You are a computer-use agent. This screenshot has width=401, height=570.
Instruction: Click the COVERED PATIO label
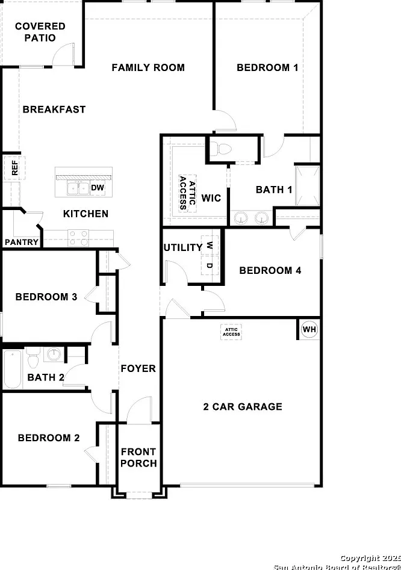[x=40, y=32]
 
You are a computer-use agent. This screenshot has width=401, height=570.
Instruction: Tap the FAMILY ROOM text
[x=148, y=67]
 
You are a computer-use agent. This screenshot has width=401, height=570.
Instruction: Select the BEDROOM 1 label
[x=267, y=67]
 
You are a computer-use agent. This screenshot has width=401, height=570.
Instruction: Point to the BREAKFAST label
[x=54, y=110]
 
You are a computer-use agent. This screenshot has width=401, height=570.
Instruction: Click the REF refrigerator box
[x=14, y=168]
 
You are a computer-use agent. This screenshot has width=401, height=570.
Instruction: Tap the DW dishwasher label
[x=98, y=188]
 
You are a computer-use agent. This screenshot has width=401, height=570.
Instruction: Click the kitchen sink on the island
[x=78, y=188]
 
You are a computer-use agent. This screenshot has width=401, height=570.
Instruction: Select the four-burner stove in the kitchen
[x=78, y=238]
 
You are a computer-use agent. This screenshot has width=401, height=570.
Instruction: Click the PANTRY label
[x=22, y=242]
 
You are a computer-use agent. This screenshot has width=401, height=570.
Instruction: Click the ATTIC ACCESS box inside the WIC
[x=188, y=193]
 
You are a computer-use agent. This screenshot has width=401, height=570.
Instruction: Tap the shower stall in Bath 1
[x=307, y=186]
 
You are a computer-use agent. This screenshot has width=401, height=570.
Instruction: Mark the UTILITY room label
[x=183, y=247]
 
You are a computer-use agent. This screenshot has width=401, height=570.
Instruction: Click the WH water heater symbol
[x=309, y=329]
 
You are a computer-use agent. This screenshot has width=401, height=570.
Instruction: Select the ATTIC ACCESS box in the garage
[x=231, y=332]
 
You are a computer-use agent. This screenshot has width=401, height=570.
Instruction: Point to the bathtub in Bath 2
[x=13, y=369]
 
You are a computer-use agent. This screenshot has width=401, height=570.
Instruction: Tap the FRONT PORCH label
[x=138, y=457]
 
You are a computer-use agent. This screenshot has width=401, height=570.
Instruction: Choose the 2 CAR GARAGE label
[x=243, y=407]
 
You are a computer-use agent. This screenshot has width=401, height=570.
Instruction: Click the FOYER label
[x=138, y=368]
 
